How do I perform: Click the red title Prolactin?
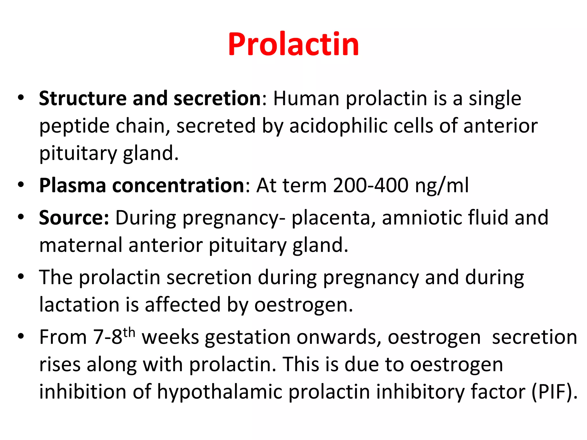tap(293, 44)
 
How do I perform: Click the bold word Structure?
tap(83, 99)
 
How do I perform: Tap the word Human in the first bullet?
tap(306, 99)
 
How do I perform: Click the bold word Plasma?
tap(73, 186)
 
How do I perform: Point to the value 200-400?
tap(371, 186)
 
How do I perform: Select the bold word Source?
tap(74, 218)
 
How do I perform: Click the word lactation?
tap(79, 305)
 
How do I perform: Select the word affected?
tap(183, 305)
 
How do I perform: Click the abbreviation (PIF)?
tap(554, 392)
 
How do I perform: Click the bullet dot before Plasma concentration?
tap(21, 185)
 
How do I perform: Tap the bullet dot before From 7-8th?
tap(21, 336)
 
